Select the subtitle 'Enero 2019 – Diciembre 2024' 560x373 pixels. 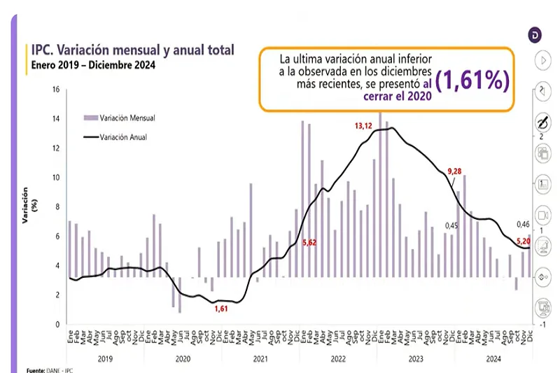click(92, 66)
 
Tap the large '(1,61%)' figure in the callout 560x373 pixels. click(471, 80)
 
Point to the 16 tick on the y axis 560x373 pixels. click(57, 90)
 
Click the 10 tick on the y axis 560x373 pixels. click(57, 178)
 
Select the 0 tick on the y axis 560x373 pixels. click(58, 325)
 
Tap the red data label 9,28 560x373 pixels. click(456, 172)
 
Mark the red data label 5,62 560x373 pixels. click(309, 242)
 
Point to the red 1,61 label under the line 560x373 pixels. click(220, 309)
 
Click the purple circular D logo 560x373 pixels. click(535, 35)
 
